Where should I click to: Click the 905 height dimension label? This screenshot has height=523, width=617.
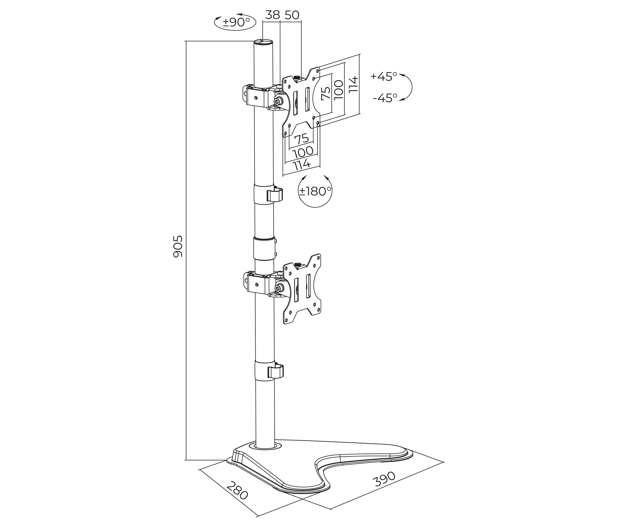tap(178, 246)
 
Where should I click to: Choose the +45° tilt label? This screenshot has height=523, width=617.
tap(383, 76)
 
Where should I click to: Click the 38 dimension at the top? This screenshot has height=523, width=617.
tap(272, 15)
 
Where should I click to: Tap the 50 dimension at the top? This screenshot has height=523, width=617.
tap(292, 15)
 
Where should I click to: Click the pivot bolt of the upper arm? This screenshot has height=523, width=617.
tap(278, 101)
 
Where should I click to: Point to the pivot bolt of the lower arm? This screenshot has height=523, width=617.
tap(279, 288)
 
